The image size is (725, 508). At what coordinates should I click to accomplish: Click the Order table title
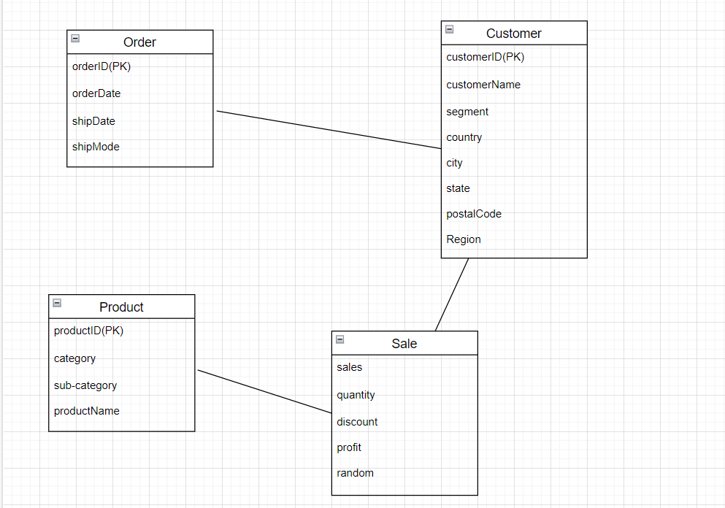(139, 42)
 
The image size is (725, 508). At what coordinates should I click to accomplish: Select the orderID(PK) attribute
(101, 66)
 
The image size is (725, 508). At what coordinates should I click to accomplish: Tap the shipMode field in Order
(96, 147)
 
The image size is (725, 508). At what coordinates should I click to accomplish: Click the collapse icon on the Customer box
(450, 30)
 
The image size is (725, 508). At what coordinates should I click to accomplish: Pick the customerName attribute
(483, 85)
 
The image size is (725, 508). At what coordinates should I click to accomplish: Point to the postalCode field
(474, 214)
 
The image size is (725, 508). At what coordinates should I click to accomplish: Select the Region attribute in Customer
(464, 239)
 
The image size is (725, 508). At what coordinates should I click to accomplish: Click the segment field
(467, 112)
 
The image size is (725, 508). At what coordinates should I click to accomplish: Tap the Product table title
(121, 307)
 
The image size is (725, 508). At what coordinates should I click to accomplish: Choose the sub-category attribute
(85, 385)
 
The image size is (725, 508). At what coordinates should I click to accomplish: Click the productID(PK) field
(89, 331)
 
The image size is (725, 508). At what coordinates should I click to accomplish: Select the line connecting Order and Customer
(329, 130)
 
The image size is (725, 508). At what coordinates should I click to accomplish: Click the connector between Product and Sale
(264, 391)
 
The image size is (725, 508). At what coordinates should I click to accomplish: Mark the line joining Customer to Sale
(452, 294)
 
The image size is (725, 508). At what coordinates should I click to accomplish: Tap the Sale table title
(404, 344)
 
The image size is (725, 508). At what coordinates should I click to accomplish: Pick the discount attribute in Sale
(357, 422)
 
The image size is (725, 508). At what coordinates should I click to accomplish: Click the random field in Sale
(355, 473)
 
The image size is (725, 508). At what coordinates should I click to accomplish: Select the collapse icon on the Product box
(57, 304)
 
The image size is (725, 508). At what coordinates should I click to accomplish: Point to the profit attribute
(349, 447)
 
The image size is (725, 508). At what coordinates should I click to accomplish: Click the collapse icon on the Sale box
(340, 340)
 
